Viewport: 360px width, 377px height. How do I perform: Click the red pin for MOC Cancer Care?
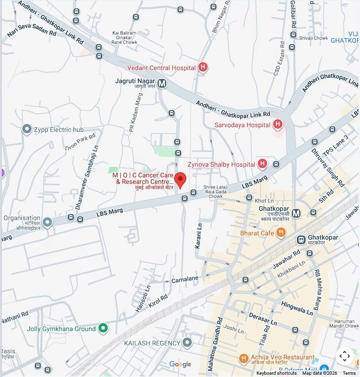tap(180, 179)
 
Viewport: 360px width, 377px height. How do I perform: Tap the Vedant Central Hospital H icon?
tap(203, 68)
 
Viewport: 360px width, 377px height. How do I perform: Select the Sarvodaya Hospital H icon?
tap(278, 124)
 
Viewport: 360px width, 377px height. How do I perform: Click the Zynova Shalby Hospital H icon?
tap(262, 164)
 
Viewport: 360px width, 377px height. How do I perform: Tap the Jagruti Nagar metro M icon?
tap(162, 84)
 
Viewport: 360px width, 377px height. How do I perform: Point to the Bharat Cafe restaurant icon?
tap(281, 233)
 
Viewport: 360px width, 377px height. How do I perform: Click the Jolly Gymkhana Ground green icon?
tap(104, 329)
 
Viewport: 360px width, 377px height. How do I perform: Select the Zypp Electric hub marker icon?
tap(27, 130)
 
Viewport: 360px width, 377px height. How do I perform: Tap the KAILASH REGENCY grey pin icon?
tap(187, 343)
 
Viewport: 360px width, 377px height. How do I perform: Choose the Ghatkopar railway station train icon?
tap(301, 240)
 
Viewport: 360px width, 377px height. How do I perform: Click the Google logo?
tap(180, 364)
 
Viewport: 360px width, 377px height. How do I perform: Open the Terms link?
tap(349, 373)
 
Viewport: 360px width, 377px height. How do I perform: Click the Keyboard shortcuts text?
tap(276, 373)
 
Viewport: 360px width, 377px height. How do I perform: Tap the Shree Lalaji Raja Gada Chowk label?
tap(213, 192)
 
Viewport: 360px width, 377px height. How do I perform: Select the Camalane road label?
tap(185, 279)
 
